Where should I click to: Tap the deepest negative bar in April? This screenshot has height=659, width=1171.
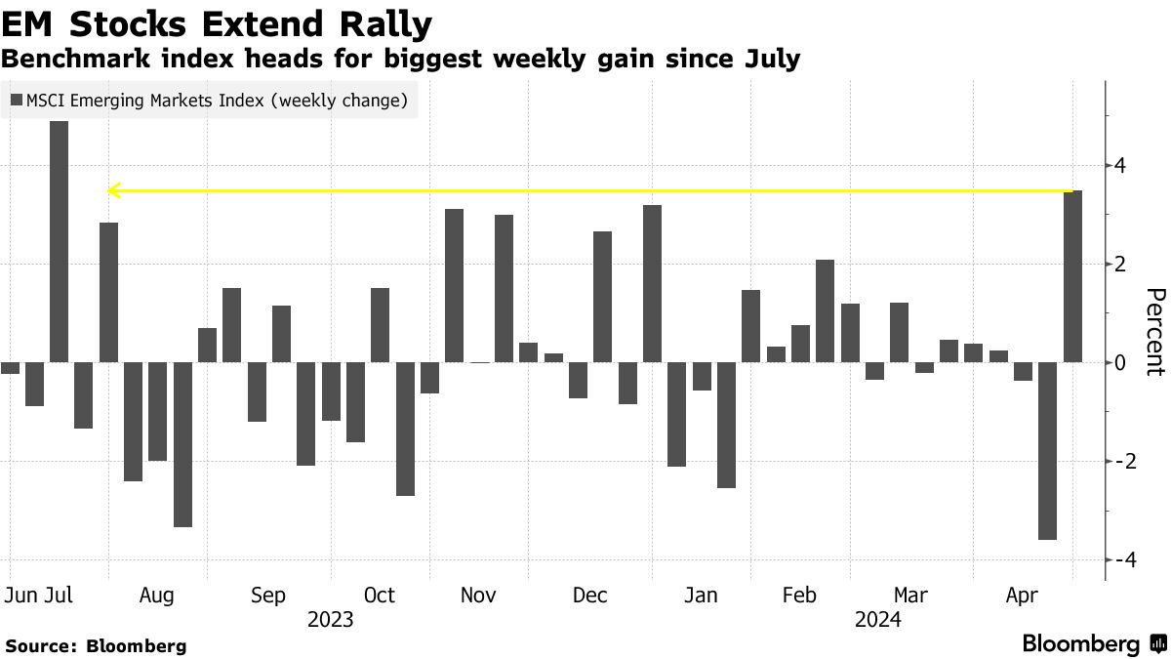pyautogui.click(x=1047, y=450)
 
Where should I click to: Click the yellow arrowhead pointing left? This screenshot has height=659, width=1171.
pyautogui.click(x=112, y=190)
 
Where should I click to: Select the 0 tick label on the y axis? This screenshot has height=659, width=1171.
pyautogui.click(x=1120, y=363)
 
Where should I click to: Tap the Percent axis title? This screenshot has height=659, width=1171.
pyautogui.click(x=1154, y=332)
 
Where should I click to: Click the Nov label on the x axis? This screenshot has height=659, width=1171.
pyautogui.click(x=478, y=596)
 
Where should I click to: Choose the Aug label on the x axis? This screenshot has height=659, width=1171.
pyautogui.click(x=157, y=596)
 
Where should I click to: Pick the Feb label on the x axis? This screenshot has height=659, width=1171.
pyautogui.click(x=799, y=596)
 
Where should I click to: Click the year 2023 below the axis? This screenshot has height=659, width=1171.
pyautogui.click(x=330, y=619)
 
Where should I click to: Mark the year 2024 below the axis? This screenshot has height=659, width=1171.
pyautogui.click(x=877, y=619)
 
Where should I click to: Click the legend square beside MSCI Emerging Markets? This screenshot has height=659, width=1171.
pyautogui.click(x=16, y=100)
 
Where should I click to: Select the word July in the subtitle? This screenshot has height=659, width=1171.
pyautogui.click(x=768, y=59)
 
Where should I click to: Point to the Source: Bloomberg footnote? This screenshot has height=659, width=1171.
pyautogui.click(x=96, y=645)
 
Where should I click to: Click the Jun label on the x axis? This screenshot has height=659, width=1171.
pyautogui.click(x=20, y=596)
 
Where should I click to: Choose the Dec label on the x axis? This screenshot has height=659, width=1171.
pyautogui.click(x=591, y=596)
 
